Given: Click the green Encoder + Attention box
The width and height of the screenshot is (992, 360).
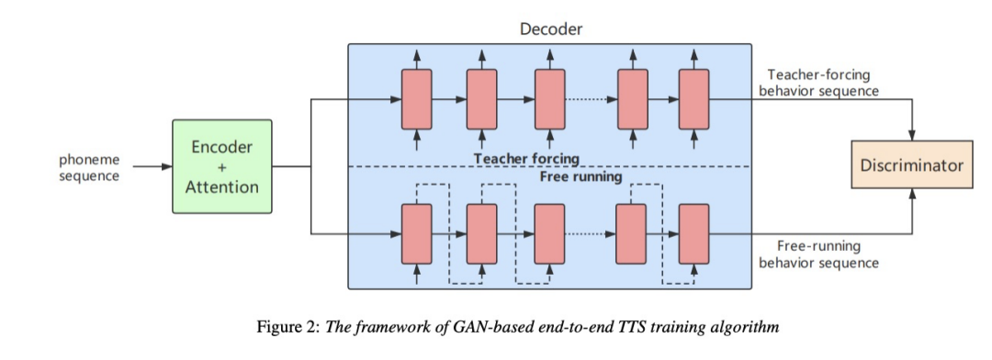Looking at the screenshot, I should (x=221, y=166).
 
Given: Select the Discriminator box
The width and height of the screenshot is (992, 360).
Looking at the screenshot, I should (x=910, y=165).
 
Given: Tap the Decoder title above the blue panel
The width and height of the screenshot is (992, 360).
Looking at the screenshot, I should (x=550, y=28).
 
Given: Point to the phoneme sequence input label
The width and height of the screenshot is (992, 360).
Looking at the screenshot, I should (x=89, y=166).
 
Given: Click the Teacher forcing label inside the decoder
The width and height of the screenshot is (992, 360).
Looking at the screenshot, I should (x=526, y=158).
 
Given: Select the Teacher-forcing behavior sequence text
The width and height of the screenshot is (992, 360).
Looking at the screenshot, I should (x=818, y=83).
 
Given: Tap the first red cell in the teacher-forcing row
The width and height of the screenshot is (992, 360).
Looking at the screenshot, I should (x=416, y=98).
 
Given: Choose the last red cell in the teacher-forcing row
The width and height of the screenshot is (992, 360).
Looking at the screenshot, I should (x=693, y=98).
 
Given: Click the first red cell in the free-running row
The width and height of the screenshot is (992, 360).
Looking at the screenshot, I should (x=416, y=234).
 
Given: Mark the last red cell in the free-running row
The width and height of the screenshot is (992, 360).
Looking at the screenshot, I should (x=693, y=234).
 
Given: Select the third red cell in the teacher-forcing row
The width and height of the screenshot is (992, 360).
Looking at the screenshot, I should (x=549, y=98).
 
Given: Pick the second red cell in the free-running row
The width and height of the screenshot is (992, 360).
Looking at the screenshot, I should (x=482, y=234).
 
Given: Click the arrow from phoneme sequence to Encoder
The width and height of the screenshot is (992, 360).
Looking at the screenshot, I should (x=152, y=166).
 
